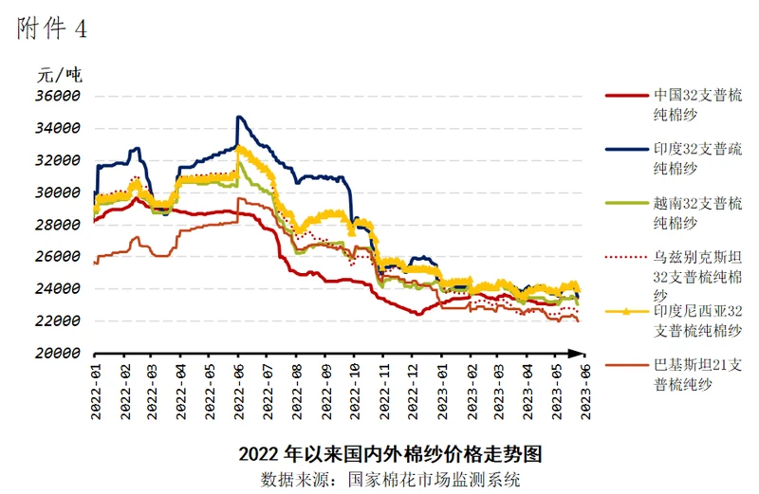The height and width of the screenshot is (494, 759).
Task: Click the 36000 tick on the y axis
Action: tap(59, 97)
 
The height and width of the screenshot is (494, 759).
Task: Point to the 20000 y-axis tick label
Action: tap(59, 353)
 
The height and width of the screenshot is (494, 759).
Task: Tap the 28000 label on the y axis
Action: tap(59, 225)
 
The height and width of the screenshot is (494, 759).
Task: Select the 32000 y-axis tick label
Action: tap(59, 160)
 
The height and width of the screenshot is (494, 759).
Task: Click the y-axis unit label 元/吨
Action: tap(58, 74)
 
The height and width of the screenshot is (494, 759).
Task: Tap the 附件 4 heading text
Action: tap(51, 28)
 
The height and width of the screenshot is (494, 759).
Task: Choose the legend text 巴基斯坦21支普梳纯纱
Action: tap(697, 374)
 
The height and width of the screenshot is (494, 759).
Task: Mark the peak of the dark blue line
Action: tap(239, 117)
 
